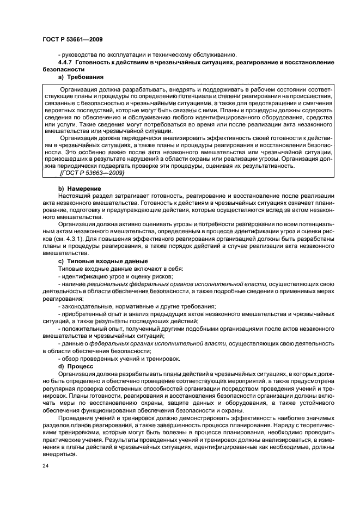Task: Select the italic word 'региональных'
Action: point(106,284)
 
